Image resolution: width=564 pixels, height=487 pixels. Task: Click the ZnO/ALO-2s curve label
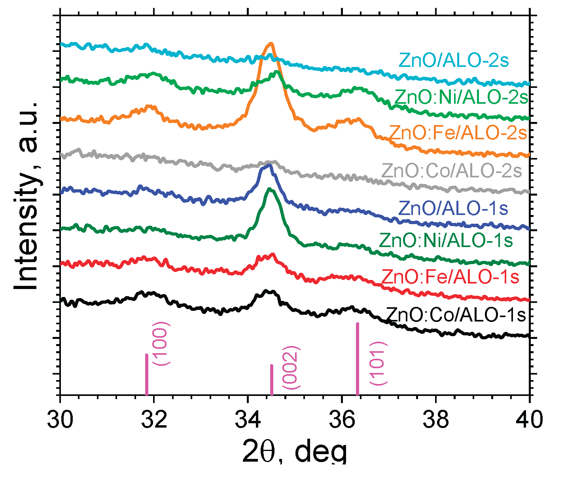[454, 61]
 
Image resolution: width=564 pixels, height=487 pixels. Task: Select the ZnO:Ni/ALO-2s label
[461, 97]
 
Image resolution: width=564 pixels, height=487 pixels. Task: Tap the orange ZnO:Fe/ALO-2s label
[458, 133]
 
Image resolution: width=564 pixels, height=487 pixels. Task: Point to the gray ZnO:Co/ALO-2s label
[452, 171]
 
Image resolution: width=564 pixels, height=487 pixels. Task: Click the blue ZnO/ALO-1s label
[453, 208]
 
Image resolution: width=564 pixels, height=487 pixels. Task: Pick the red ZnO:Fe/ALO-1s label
[450, 277]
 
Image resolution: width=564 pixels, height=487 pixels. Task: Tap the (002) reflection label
[292, 367]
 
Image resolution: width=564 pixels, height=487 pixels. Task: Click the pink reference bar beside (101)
[358, 359]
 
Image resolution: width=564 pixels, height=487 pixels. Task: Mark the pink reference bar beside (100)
[147, 374]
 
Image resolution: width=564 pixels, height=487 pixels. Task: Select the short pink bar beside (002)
[271, 380]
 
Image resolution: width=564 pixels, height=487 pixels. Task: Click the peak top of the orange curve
[271, 44]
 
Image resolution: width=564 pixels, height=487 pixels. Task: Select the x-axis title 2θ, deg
[295, 451]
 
